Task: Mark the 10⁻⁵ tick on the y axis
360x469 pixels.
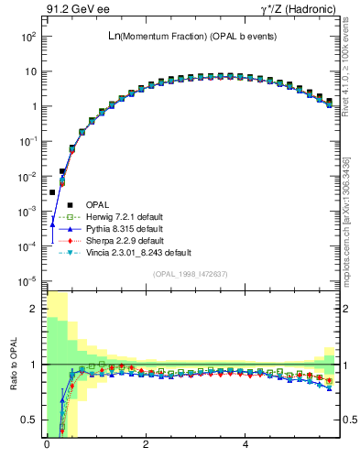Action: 28,280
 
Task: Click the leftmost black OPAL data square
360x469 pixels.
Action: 53,192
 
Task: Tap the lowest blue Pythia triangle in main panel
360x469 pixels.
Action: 53,224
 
